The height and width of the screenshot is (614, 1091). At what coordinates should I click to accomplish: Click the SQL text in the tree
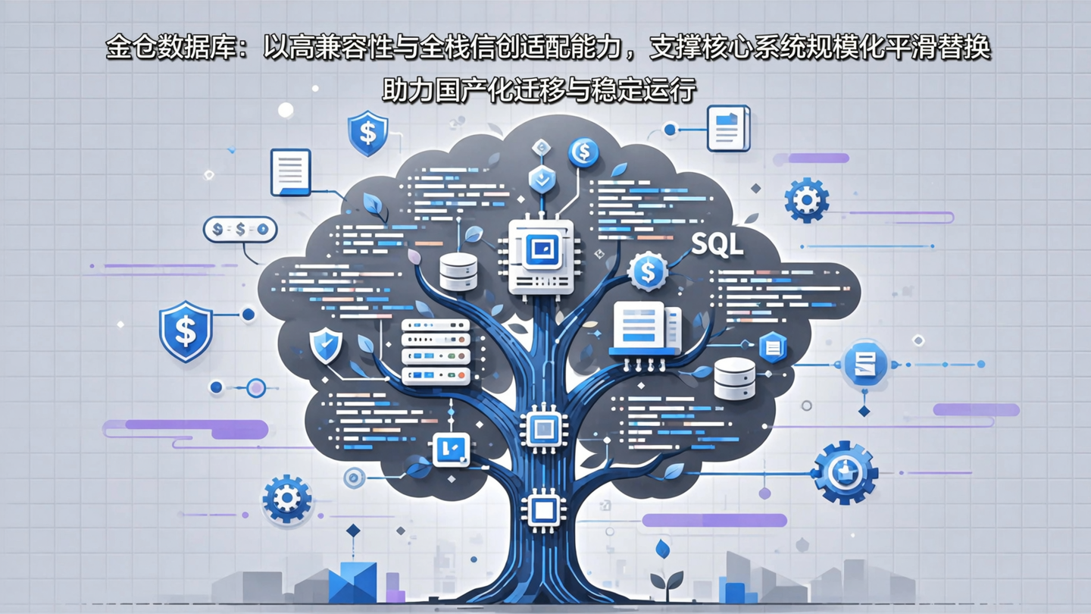click(x=717, y=245)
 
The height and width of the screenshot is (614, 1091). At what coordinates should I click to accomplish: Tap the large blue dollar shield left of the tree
click(x=186, y=331)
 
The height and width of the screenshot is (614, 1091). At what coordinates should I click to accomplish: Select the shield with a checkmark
click(x=326, y=346)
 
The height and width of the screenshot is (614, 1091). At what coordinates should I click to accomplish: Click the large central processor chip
click(x=541, y=256)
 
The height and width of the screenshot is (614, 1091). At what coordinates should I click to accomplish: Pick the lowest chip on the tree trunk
click(x=542, y=509)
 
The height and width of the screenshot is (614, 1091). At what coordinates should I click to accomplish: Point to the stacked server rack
click(x=436, y=352)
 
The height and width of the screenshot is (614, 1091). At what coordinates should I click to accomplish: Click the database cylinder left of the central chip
click(x=458, y=271)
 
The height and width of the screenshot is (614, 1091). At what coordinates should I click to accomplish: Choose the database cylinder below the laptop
click(x=734, y=378)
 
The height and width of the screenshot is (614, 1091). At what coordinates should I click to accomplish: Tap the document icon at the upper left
click(x=291, y=172)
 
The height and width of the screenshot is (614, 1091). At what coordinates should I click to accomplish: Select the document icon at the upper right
click(x=728, y=127)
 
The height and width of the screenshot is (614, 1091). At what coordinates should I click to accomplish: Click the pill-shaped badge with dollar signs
click(x=240, y=229)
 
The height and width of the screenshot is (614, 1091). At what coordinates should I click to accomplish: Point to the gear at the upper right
click(x=806, y=200)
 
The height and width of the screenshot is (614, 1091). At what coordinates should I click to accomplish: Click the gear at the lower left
click(x=286, y=499)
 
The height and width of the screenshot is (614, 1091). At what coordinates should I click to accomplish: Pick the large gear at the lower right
click(x=844, y=473)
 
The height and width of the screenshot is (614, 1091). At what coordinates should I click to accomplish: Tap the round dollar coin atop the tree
click(x=583, y=152)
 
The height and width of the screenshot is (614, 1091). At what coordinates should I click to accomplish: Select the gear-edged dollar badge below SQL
click(x=647, y=271)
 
